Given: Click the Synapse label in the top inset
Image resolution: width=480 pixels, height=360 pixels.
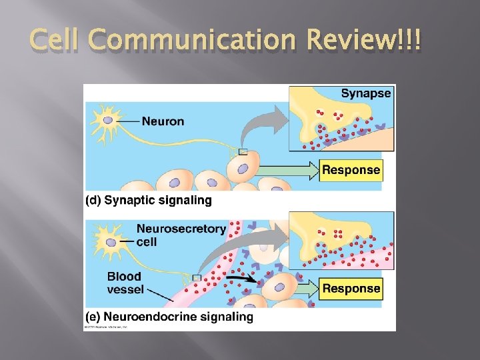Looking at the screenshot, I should point(366,93).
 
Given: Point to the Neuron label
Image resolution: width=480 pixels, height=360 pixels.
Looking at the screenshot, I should point(163,122).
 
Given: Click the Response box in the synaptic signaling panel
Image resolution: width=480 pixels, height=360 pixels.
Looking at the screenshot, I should point(351,170).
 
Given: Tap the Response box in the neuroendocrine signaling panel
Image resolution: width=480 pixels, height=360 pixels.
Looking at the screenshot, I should point(351,289).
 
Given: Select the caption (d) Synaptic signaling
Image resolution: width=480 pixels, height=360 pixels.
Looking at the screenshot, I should point(149,200).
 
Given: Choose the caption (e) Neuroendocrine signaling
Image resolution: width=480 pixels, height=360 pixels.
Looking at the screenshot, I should point(169,317).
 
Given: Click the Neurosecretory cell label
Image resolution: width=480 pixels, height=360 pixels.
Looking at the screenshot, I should point(181,235).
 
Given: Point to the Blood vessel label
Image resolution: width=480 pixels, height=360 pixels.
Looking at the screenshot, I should point(125,282).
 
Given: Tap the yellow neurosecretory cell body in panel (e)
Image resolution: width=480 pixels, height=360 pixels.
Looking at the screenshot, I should point(110,242).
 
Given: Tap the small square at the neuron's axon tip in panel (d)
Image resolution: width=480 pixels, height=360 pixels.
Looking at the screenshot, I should point(243,152).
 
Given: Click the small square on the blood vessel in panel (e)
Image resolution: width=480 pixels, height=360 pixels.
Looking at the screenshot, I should point(197,277).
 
